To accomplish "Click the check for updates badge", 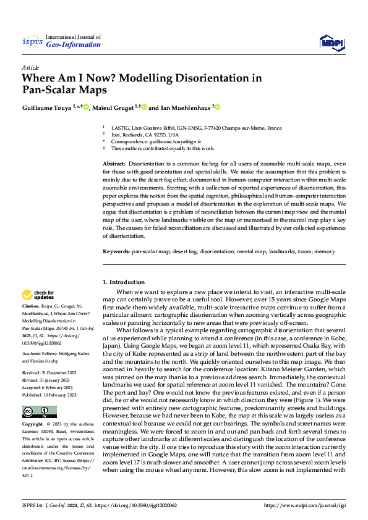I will click(x=38, y=295).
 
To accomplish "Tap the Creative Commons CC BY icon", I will click(x=39, y=412).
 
